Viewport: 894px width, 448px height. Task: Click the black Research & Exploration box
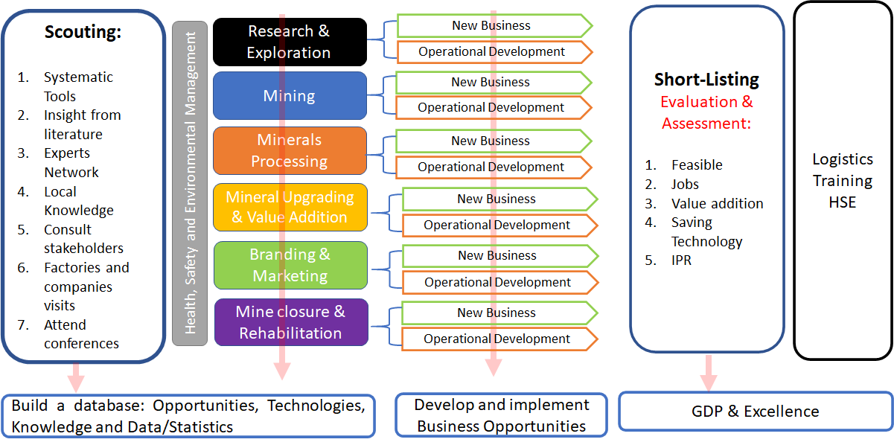(x=290, y=42)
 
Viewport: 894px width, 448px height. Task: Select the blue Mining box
(x=290, y=96)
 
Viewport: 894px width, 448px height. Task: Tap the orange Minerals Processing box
(x=290, y=150)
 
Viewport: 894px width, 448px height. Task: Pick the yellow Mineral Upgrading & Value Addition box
(x=290, y=207)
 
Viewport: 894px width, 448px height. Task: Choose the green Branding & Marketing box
(x=290, y=265)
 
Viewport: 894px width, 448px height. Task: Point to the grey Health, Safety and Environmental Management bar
(x=190, y=183)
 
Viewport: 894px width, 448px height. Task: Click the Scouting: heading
(x=83, y=32)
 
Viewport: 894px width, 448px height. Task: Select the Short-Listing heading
(x=706, y=80)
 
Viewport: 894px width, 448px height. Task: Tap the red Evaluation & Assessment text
(x=706, y=112)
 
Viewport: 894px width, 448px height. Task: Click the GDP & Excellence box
(x=755, y=412)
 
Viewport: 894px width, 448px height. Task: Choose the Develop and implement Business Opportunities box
(x=501, y=415)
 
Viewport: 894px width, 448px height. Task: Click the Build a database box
(x=188, y=416)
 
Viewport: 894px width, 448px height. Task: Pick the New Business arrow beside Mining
(x=491, y=82)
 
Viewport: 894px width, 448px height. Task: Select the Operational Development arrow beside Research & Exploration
(x=492, y=52)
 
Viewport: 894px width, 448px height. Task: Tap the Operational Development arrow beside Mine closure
(x=497, y=339)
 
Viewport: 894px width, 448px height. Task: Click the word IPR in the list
(x=681, y=260)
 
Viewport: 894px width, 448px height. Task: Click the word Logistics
(x=843, y=159)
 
